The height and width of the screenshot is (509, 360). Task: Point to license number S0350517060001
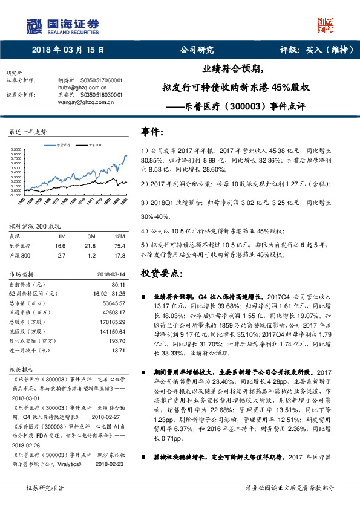pos(101,79)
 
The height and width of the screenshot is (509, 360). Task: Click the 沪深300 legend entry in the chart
pos(94,146)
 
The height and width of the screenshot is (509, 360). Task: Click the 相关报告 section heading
pos(21,369)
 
